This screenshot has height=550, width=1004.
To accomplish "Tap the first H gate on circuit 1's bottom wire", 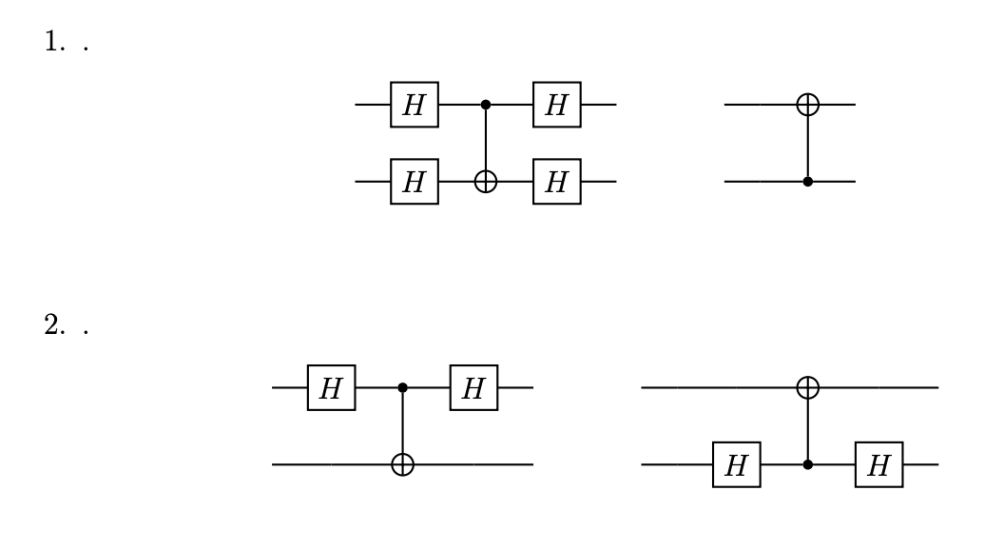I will pos(415,181).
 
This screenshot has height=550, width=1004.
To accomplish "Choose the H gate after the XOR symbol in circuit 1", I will pos(557,181).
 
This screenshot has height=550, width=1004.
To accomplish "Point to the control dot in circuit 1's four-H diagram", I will pos(486,104).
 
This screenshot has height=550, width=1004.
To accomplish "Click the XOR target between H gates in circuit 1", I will pos(486,181).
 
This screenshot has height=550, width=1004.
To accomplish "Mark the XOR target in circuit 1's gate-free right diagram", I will pos(807,104).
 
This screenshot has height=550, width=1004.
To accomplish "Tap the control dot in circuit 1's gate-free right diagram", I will pos(807,181).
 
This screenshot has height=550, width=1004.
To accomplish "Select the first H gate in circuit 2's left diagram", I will pos(331,388).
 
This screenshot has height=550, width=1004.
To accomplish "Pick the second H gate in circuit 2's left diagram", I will pos(473,388).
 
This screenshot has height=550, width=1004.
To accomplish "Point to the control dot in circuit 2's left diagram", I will pos(402,388).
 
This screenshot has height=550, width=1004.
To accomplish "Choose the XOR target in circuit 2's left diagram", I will pos(402,465).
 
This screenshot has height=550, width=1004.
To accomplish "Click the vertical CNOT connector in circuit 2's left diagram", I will pos(402,426).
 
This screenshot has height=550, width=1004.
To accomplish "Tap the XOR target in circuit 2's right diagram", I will pos(807,388).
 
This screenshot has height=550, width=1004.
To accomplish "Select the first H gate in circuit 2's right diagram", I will pos(736,465).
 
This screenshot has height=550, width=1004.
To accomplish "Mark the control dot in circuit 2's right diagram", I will pos(807,465).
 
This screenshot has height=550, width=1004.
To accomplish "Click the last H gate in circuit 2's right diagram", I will pos(878,465).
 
